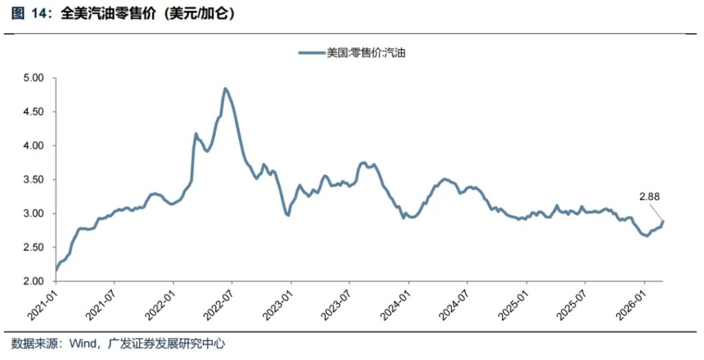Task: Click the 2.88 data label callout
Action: point(650,196)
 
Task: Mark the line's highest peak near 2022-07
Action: point(225,89)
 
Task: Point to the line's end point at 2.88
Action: point(663,221)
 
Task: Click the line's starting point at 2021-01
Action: point(56,271)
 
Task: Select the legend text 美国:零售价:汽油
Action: point(365,52)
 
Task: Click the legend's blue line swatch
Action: point(311,52)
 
